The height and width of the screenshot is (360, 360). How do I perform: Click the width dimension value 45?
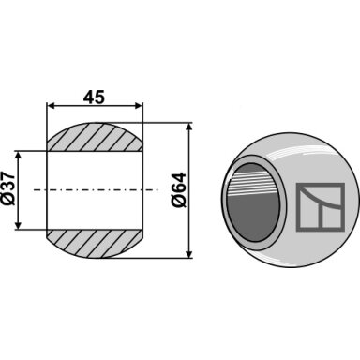(x=94, y=97)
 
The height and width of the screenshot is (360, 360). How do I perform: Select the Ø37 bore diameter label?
(x=8, y=188)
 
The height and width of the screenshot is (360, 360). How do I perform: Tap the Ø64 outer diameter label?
(x=179, y=189)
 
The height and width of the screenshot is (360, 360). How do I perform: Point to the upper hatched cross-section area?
(x=95, y=138)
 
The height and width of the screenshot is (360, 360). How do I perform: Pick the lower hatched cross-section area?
(x=95, y=244)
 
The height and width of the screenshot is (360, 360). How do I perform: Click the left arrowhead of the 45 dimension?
(x=51, y=106)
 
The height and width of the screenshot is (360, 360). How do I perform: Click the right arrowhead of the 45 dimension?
(x=139, y=106)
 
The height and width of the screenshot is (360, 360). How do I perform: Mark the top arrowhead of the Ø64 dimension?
(x=189, y=127)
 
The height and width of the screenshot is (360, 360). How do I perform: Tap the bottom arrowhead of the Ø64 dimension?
(x=189, y=254)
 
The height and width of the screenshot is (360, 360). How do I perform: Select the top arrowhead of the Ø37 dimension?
(x=18, y=156)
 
